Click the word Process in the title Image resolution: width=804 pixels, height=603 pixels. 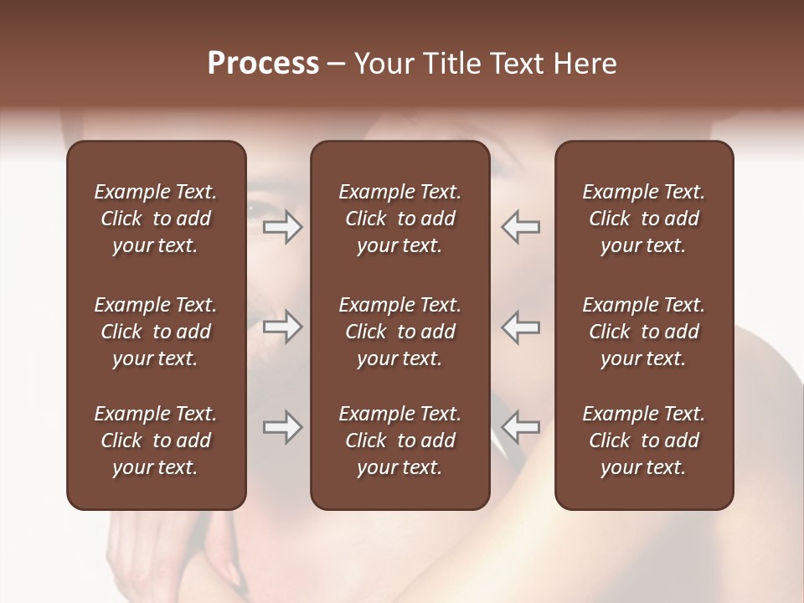tap(263, 64)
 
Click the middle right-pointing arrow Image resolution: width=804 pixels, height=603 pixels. tap(283, 327)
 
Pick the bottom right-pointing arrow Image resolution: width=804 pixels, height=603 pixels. tap(283, 427)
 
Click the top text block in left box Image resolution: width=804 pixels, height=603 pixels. tap(156, 219)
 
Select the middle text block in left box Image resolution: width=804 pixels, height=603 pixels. tap(156, 332)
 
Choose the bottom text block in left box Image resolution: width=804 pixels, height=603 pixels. tap(156, 441)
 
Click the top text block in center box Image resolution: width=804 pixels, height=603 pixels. tap(399, 219)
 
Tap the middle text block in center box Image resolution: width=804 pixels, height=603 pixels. tap(399, 332)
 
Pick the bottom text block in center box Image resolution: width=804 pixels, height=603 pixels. tap(399, 441)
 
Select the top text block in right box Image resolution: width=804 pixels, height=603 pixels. tap(643, 219)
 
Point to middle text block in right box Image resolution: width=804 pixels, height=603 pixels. tap(643, 332)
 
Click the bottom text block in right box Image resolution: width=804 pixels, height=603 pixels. tap(643, 441)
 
